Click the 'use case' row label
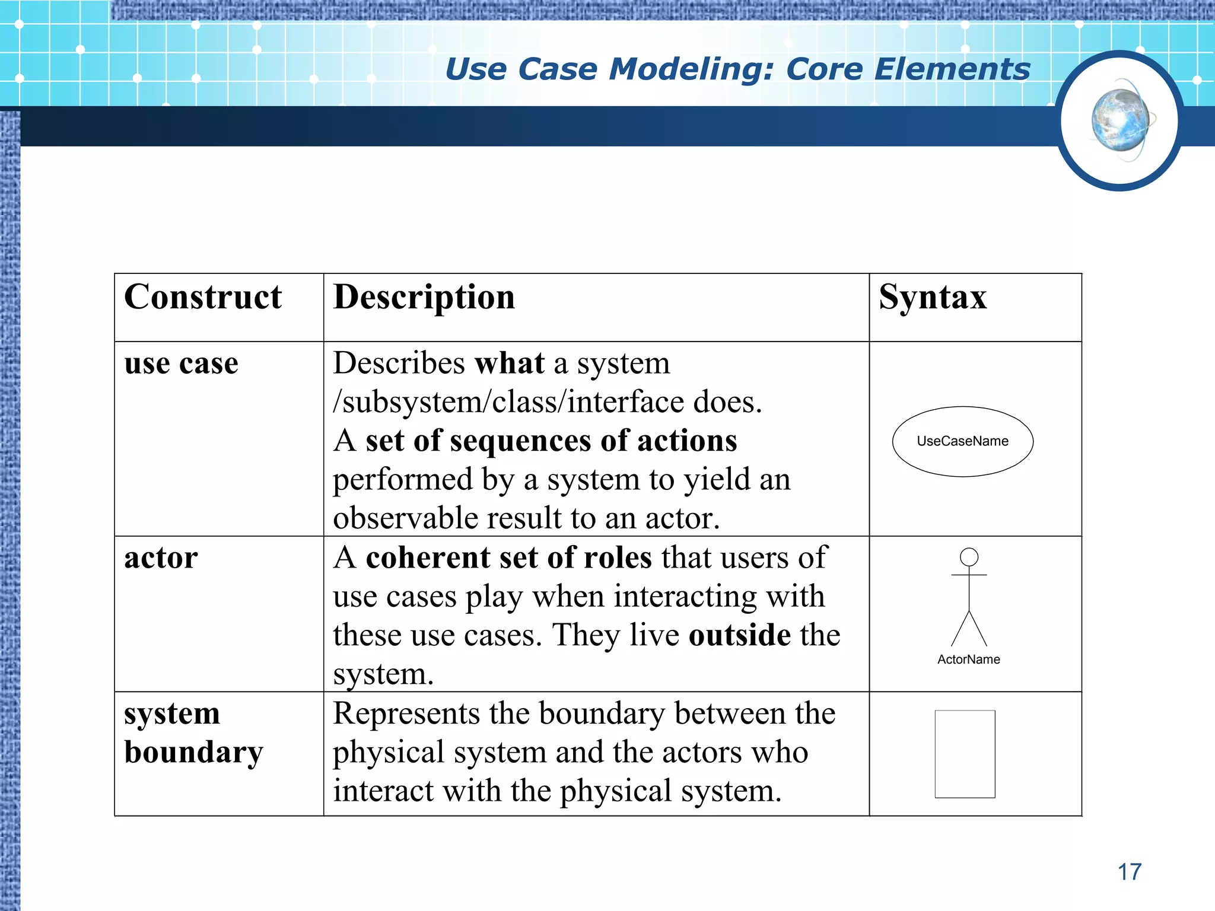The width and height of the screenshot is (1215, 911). point(181,363)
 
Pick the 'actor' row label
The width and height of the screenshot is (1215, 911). point(161,558)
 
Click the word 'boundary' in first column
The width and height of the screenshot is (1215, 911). point(193,752)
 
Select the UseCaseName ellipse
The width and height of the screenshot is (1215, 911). point(962,441)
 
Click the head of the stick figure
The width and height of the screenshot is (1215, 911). point(969,557)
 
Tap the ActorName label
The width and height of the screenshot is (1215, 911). point(968,660)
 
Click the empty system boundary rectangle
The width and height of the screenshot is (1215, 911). point(965,754)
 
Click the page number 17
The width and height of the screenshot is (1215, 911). point(1130,872)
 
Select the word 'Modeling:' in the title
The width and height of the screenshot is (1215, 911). point(692,69)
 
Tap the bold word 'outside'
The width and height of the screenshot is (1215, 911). point(739,635)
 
